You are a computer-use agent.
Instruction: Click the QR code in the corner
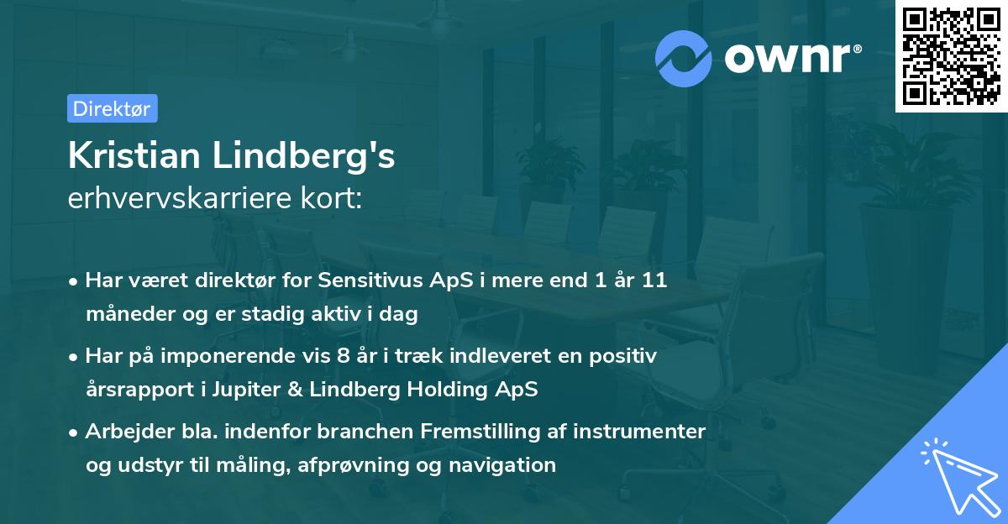[951, 56]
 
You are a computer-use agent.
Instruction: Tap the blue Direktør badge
[112, 108]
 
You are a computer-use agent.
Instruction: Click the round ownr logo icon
[684, 58]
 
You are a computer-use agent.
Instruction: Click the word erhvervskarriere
[177, 199]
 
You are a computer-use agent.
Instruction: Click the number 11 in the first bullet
[654, 280]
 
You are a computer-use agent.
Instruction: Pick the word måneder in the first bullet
[126, 315]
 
